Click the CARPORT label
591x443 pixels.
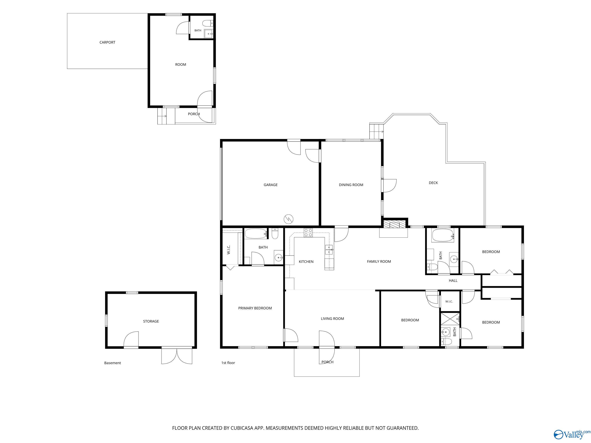tap(107, 42)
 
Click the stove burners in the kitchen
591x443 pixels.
tap(308, 233)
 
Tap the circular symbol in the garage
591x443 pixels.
tap(289, 219)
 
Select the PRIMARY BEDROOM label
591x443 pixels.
tap(255, 308)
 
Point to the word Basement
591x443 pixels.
tap(113, 363)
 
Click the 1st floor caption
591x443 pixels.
tap(228, 363)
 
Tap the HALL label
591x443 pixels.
tap(453, 280)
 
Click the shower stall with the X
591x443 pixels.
tap(450, 319)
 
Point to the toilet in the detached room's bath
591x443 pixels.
tap(208, 23)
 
